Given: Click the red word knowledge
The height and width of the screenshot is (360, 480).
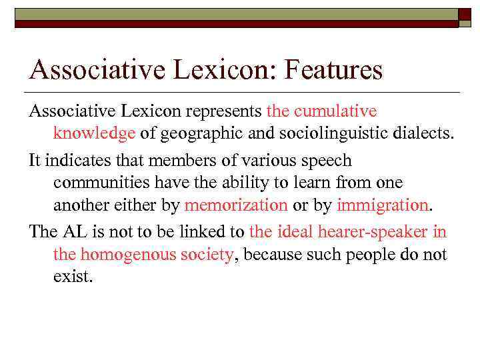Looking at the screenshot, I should pyautogui.click(x=95, y=133).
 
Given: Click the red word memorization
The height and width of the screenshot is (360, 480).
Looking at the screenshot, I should pyautogui.click(x=236, y=205).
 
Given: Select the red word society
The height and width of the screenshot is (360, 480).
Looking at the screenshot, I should pyautogui.click(x=207, y=254).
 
